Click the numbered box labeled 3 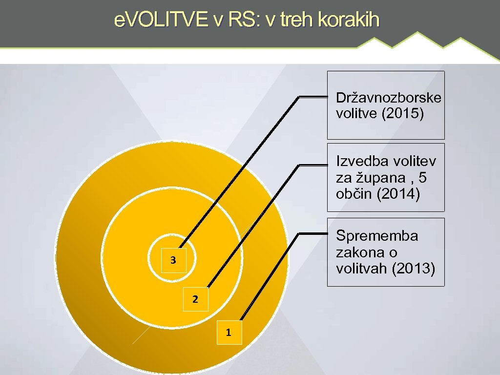[173, 260]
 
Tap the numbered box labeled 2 [195, 299]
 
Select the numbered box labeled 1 [229, 333]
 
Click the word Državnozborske [388, 98]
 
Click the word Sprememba [377, 236]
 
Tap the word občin [353, 194]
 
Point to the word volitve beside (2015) [356, 114]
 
